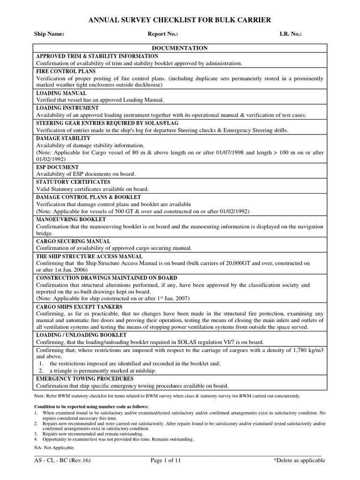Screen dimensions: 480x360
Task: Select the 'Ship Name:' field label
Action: tap(49, 34)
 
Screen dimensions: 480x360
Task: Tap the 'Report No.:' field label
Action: tap(163, 34)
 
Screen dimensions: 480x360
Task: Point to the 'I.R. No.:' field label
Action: tap(290, 34)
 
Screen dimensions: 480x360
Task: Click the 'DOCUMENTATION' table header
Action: tap(180, 48)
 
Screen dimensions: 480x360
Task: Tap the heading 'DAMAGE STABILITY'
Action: tap(63, 138)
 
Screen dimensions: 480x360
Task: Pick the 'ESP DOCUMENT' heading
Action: tap(58, 167)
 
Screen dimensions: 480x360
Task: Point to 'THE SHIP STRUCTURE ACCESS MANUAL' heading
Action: tap(90, 256)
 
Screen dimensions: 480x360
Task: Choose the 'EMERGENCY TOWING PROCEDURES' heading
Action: tap(85, 378)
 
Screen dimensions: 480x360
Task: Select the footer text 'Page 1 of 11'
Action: tap(165, 460)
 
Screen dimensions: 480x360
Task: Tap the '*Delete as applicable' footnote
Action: tap(299, 460)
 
